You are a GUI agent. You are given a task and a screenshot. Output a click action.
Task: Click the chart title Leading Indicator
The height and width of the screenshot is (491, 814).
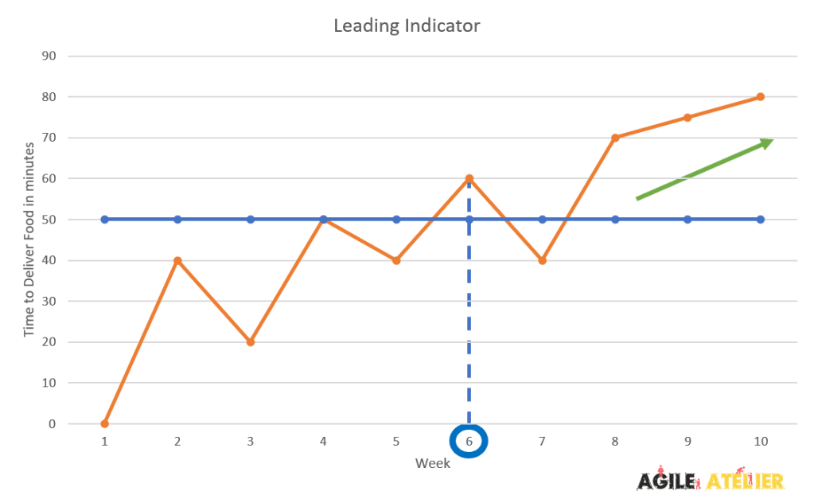point(407,26)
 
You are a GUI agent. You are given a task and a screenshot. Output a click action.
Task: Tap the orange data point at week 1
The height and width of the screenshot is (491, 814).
point(104,423)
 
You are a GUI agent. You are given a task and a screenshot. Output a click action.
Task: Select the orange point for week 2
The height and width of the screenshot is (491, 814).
point(177,260)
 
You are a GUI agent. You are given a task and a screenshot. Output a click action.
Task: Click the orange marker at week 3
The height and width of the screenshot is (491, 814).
point(251,342)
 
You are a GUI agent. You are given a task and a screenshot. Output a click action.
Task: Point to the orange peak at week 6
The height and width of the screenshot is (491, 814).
point(469,178)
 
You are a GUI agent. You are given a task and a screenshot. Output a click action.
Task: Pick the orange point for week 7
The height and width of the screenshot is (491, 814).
point(542,260)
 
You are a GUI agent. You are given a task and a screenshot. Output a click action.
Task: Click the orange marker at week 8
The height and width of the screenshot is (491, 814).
point(615,138)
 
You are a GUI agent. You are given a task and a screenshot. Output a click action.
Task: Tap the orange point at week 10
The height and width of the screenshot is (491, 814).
point(761,97)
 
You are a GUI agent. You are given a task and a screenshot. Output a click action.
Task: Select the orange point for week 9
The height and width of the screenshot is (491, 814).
point(687,117)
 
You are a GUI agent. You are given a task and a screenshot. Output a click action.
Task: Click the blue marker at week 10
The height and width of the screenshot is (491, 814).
point(761,219)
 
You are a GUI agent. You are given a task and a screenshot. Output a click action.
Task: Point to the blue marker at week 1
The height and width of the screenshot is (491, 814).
point(104,219)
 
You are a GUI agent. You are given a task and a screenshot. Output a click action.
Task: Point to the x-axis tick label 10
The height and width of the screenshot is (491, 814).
point(761,441)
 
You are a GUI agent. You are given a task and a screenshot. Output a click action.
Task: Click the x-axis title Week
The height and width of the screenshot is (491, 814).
point(431,462)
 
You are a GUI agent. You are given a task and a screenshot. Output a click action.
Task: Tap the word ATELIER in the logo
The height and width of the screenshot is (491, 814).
point(745,480)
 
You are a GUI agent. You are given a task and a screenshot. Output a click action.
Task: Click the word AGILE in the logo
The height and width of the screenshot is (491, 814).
point(665,480)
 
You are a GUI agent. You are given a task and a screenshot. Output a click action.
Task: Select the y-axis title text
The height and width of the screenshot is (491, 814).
point(29,239)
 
